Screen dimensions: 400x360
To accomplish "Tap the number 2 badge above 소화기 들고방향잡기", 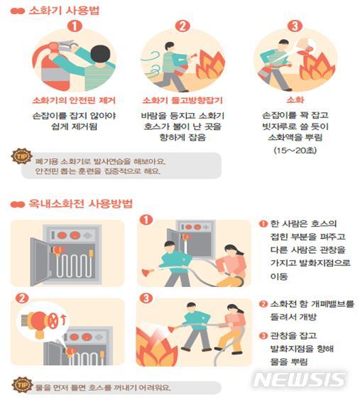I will pyautogui.click(x=182, y=26).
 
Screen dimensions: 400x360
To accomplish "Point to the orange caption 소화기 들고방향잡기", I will pyautogui.click(x=183, y=100).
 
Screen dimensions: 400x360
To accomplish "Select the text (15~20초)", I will pyautogui.click(x=293, y=151).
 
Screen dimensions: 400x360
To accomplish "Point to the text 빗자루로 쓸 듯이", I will pyautogui.click(x=293, y=126).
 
